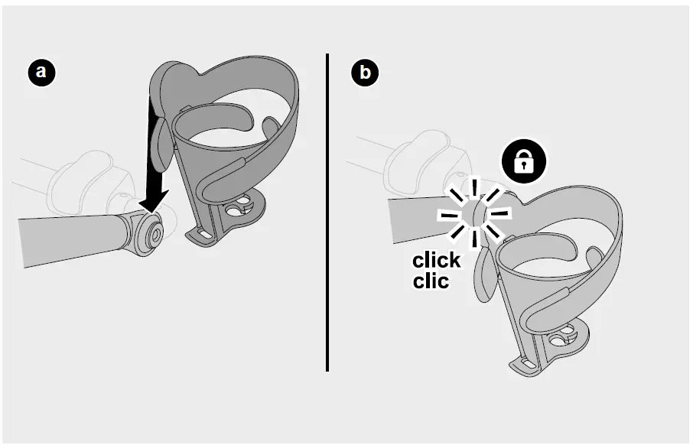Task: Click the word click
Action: [x=437, y=261]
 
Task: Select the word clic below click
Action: [x=430, y=281]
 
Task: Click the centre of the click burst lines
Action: [x=474, y=213]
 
